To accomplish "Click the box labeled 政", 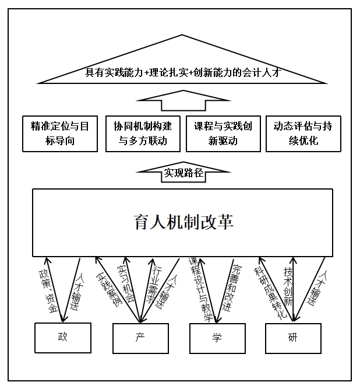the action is [63, 338].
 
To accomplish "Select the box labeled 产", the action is [140, 338].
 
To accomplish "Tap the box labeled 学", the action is [217, 338].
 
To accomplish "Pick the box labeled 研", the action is [293, 338].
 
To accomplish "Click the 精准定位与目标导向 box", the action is [60, 134].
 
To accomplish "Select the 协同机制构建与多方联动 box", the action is [143, 134].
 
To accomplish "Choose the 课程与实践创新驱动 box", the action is [223, 134].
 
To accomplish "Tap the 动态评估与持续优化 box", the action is [303, 134].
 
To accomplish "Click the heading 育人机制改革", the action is [183, 222].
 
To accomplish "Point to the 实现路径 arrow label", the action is [183, 173].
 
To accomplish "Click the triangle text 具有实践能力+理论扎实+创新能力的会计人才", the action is [183, 72].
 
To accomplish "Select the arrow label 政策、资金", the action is [48, 291].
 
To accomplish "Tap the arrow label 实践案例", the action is [109, 289].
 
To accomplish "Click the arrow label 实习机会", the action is [126, 283].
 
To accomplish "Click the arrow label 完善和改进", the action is [232, 288].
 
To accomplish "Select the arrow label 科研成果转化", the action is [270, 293].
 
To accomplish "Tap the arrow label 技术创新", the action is [288, 286].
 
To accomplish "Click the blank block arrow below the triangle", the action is [183, 100].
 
